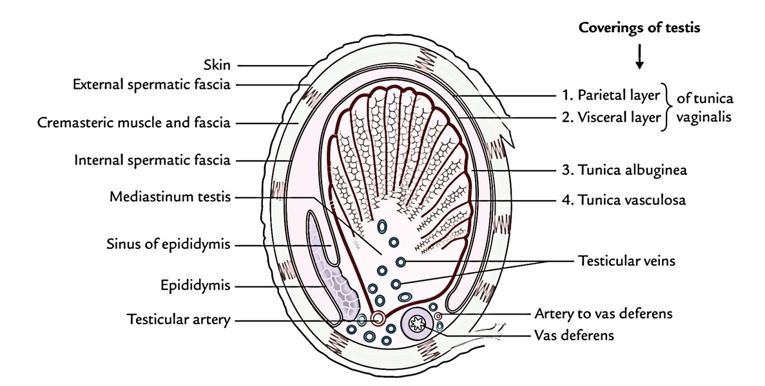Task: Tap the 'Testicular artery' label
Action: tap(179, 319)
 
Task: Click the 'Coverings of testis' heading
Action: tap(639, 29)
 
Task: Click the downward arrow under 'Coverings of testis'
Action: tap(639, 59)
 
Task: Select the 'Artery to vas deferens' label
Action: tap(604, 313)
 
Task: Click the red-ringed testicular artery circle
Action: tap(378, 318)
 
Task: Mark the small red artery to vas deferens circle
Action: tap(438, 316)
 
